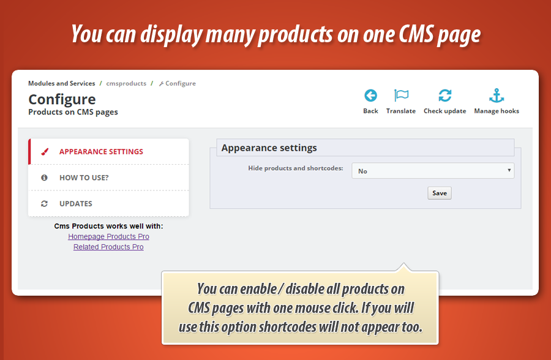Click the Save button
click(x=439, y=193)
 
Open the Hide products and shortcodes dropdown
click(x=433, y=171)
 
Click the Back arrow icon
click(x=370, y=96)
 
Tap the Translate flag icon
click(x=401, y=96)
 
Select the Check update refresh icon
click(x=445, y=96)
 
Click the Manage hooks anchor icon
click(x=497, y=96)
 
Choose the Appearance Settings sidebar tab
click(x=101, y=152)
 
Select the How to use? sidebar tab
click(x=84, y=178)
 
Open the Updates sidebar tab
click(x=76, y=203)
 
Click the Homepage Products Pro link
click(x=108, y=236)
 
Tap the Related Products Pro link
click(x=108, y=247)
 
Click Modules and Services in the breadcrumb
click(x=61, y=83)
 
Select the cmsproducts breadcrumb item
click(x=126, y=83)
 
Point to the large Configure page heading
click(x=62, y=99)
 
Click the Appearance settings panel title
click(x=269, y=148)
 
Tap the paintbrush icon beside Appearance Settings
click(x=44, y=152)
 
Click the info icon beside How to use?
click(x=44, y=178)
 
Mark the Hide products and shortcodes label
click(x=296, y=168)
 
